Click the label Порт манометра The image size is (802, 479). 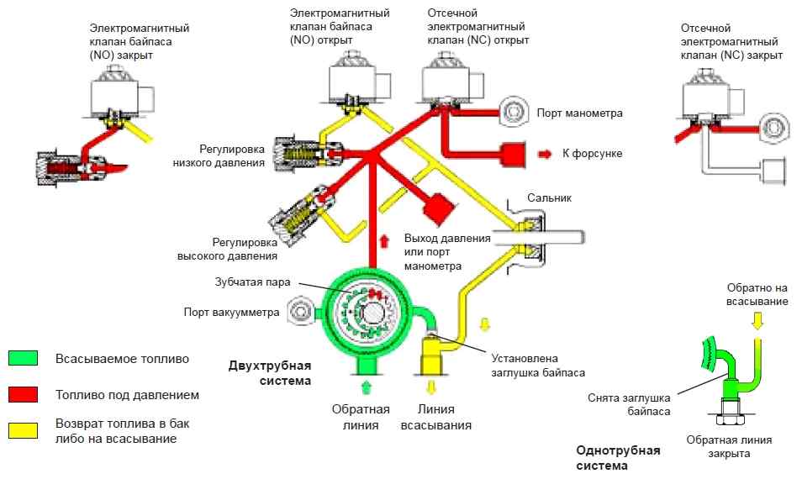coord(578,113)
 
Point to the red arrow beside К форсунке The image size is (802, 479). coord(545,153)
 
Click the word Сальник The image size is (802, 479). coord(549,197)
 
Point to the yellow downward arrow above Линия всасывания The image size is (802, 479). coord(431,388)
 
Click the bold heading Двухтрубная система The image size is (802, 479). coord(270,372)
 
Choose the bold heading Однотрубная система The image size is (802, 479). coord(618,457)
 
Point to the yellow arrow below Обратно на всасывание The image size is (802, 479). coord(757,319)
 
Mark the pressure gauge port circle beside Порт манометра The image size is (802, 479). coord(511,112)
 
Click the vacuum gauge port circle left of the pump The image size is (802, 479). coord(299,312)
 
